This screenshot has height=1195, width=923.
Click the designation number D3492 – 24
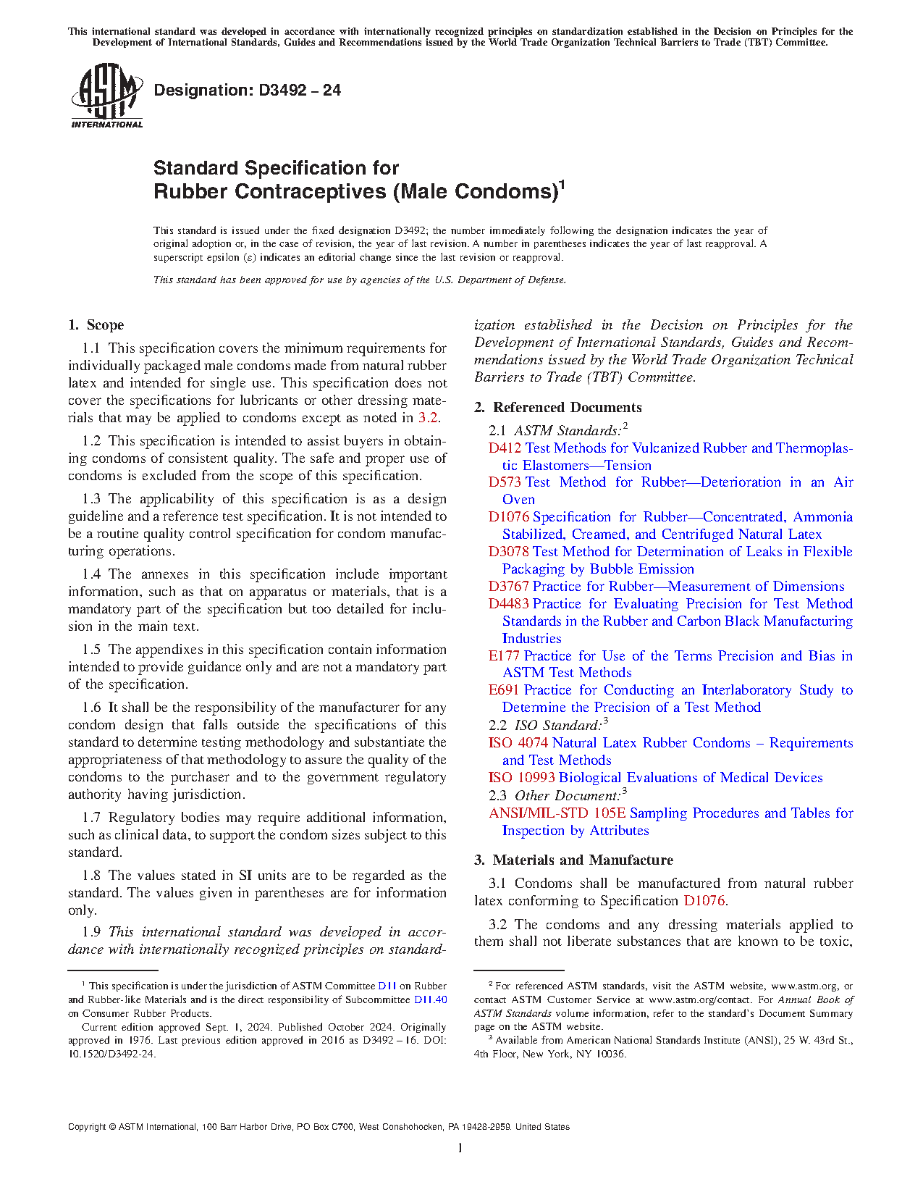[247, 91]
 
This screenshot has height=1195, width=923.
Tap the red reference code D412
[505, 448]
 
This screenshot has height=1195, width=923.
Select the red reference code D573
[505, 482]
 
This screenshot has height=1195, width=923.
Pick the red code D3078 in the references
[509, 552]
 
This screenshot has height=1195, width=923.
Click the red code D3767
[509, 587]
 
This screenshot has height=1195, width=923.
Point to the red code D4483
[509, 604]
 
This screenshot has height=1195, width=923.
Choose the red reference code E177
[504, 656]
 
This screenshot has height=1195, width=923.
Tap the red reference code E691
[504, 690]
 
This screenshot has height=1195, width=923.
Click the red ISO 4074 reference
[518, 743]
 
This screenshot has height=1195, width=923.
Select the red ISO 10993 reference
[522, 778]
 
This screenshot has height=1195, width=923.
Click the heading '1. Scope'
[96, 325]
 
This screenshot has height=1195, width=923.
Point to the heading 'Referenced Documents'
[567, 408]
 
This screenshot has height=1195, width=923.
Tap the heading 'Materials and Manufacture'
[583, 860]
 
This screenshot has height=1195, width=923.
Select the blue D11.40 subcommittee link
[430, 1000]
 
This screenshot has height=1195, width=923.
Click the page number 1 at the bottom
[460, 1148]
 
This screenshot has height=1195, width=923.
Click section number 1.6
[91, 708]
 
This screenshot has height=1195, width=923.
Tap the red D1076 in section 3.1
[704, 901]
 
